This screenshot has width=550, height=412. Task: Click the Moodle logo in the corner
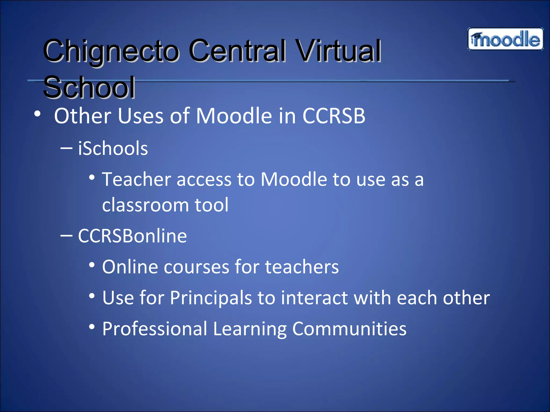pos(505,39)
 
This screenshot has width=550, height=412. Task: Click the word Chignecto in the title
pos(111,51)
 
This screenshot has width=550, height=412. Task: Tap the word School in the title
pos(89,87)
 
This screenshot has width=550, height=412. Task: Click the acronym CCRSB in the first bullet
pos(334,116)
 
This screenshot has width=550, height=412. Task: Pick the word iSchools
pos(113,148)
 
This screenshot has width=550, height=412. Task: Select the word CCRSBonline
pos(132,236)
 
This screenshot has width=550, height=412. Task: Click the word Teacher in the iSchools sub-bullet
pos(136,179)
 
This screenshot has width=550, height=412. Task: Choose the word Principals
pos(211,298)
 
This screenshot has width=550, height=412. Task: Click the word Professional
pos(155,329)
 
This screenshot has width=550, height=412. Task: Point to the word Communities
pos(349,329)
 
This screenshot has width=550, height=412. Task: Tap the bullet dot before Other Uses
pos(38,114)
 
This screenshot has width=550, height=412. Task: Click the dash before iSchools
pos(66,148)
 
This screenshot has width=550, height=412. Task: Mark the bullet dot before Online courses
pos(92,265)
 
